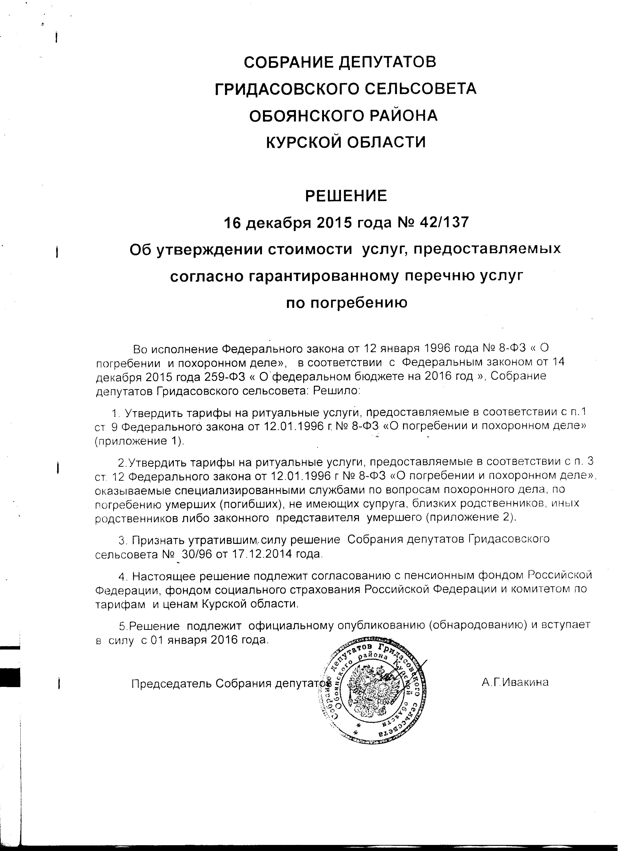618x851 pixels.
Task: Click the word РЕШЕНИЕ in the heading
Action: [346, 196]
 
